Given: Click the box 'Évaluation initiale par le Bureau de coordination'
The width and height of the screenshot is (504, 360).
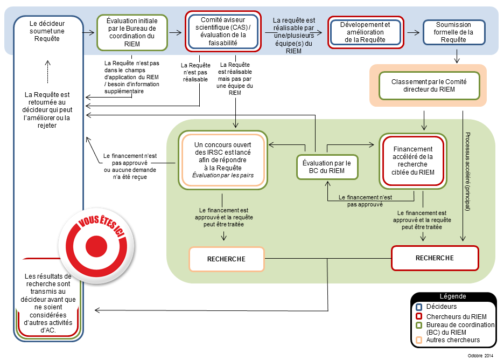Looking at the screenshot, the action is click(x=132, y=32).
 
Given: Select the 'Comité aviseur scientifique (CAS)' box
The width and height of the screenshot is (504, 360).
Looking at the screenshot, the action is click(x=223, y=31).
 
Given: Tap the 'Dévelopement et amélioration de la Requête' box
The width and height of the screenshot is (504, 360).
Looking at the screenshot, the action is click(x=366, y=32).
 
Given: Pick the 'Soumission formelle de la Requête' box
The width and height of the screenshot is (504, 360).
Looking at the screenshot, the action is click(x=453, y=32).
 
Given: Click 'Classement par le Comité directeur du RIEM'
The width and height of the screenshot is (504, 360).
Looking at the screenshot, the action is click(x=429, y=86).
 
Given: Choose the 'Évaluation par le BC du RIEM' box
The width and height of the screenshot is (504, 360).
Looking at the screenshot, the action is click(x=327, y=167).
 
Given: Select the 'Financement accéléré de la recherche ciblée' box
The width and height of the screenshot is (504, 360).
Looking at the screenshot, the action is click(x=413, y=161).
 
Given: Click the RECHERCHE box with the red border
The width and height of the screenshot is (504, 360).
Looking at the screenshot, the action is click(x=435, y=258).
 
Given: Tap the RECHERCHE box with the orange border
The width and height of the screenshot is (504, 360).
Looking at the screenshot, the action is click(x=226, y=259).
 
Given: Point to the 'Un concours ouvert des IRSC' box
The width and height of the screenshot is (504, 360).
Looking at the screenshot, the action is click(x=223, y=160).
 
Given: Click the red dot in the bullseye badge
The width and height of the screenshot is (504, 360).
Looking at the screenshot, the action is click(x=96, y=246).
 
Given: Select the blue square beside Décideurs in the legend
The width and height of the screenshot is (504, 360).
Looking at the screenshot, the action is click(x=419, y=307).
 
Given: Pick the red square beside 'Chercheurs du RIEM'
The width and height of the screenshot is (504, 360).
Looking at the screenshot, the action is click(x=419, y=316).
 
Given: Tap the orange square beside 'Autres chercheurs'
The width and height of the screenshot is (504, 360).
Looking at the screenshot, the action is click(x=419, y=340).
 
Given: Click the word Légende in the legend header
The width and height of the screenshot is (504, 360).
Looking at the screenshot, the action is click(x=453, y=296).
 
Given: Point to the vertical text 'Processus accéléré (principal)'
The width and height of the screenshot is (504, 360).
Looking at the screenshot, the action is click(x=468, y=171).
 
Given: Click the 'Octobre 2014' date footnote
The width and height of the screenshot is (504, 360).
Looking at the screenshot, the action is click(x=480, y=356).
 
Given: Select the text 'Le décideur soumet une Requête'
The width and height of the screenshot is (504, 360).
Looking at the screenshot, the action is click(x=47, y=31).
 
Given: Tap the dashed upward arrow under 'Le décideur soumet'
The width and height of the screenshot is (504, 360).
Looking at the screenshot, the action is click(x=47, y=72).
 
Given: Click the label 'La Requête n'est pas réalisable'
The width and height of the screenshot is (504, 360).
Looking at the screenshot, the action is click(x=195, y=72).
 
